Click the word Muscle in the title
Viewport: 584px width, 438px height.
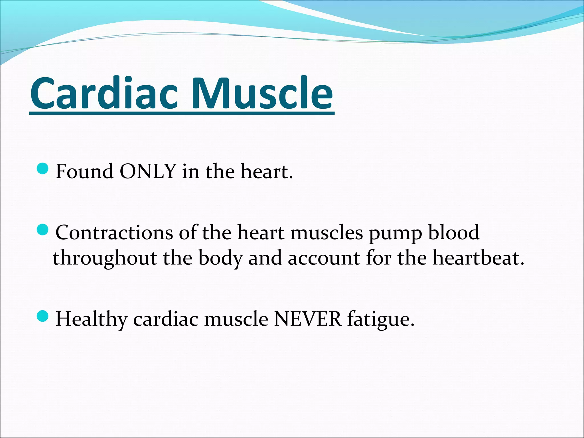pos(261,94)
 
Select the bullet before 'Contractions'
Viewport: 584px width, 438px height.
pos(43,230)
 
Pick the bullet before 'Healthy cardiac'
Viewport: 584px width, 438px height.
pos(43,316)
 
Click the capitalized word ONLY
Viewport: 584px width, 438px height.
pos(147,171)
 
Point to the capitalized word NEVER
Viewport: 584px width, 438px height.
pos(307,319)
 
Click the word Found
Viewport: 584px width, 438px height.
pos(84,171)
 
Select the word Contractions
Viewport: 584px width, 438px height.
pos(114,232)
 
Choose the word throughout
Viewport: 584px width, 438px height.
pos(105,258)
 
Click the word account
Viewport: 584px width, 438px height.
pos(324,258)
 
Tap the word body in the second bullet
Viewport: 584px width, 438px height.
pos(220,258)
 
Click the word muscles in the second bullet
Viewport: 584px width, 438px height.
pos(327,232)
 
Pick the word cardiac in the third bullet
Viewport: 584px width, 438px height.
pos(166,319)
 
